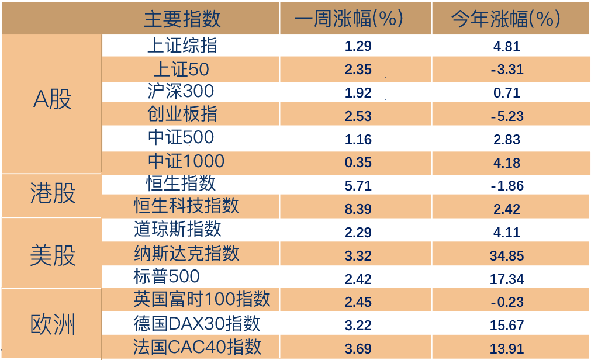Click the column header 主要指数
[x=182, y=19]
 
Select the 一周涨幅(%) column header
[x=349, y=19]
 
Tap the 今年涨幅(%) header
[x=506, y=19]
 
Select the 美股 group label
[x=53, y=255]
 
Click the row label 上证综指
[x=182, y=45]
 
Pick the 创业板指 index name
[x=182, y=114]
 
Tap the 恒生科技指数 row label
[x=186, y=205]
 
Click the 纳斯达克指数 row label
[x=186, y=253]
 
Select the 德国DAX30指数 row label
[x=196, y=323]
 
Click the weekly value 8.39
[x=358, y=209]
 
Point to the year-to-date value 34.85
[x=507, y=256]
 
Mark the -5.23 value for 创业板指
[x=507, y=116]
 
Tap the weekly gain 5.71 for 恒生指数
[x=358, y=186]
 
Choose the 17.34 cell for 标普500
[x=507, y=279]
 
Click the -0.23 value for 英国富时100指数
[x=507, y=302]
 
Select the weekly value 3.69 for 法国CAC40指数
[x=358, y=349]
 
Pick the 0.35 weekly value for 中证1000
[x=358, y=162]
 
